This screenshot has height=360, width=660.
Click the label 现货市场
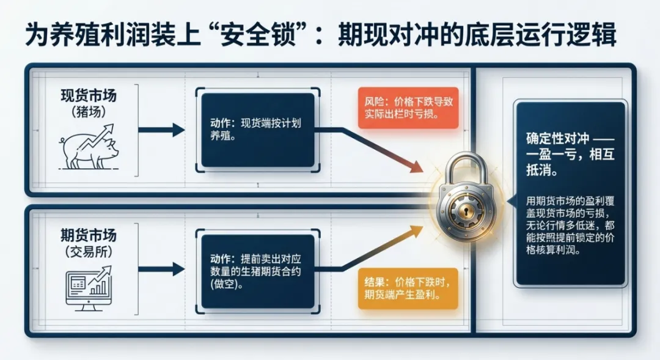click(88, 97)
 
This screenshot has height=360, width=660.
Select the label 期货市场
click(88, 235)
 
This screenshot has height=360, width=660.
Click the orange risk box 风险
click(408, 108)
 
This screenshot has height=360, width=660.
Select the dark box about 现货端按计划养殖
click(258, 130)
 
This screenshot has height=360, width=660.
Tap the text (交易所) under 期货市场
click(88, 251)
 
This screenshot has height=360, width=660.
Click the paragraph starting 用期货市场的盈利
click(570, 225)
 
